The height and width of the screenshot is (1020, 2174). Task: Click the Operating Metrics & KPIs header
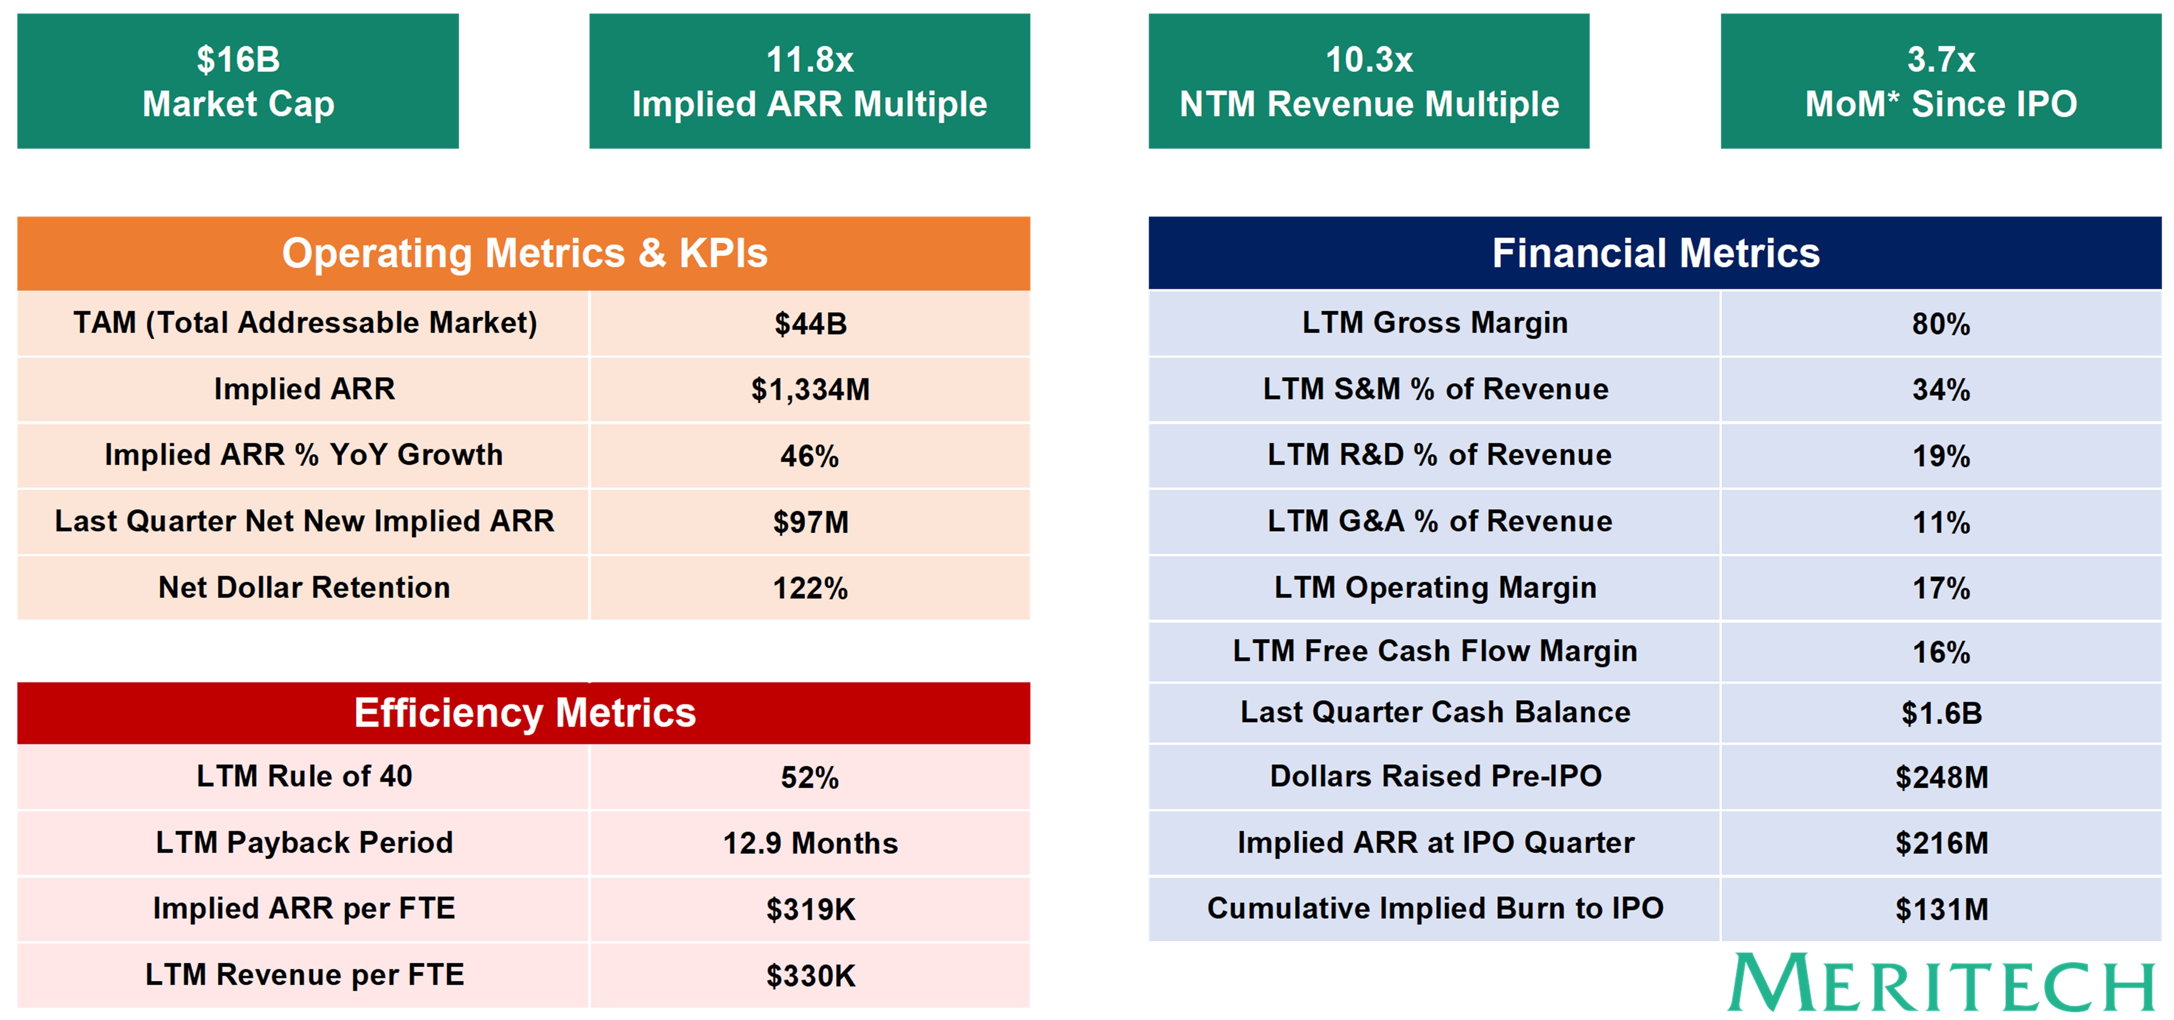(523, 253)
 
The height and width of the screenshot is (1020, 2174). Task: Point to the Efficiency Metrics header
(523, 713)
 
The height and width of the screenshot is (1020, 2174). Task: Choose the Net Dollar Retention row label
(304, 587)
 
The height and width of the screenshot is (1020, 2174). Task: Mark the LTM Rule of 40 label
(304, 776)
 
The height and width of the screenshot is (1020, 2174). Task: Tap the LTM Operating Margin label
(1435, 587)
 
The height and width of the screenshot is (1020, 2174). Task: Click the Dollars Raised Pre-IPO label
(1435, 776)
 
